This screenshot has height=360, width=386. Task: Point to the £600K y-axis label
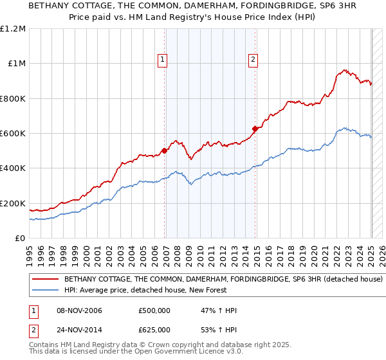13,134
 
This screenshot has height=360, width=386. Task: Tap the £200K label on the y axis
13,203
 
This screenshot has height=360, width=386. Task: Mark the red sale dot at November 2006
164,151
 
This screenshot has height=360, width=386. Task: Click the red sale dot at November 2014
255,129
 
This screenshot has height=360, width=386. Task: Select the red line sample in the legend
45,280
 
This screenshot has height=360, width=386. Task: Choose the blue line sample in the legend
45,291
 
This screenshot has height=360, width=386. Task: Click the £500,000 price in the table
154,311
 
